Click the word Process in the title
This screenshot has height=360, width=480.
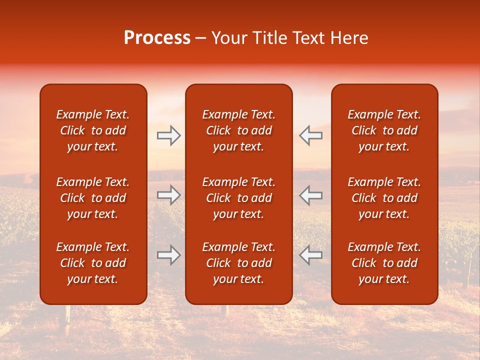click(x=157, y=38)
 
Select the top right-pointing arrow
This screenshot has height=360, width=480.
click(x=169, y=135)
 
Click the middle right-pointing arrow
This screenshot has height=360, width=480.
click(x=169, y=195)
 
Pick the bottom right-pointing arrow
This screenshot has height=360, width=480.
click(x=169, y=255)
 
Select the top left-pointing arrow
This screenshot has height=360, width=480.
click(x=311, y=135)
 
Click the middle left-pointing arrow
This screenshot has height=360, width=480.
click(x=311, y=195)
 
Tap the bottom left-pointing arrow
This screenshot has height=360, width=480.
click(x=311, y=255)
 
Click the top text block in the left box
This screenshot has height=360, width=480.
click(x=93, y=130)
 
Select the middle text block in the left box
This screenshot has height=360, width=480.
click(x=93, y=198)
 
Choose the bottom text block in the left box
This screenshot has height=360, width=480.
click(x=93, y=263)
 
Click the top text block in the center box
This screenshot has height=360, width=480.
click(x=238, y=130)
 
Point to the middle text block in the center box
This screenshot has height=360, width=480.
click(x=238, y=198)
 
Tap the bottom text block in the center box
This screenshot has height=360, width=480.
click(x=238, y=263)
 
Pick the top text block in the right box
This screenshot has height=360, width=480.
click(x=384, y=130)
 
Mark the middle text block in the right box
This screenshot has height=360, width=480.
click(x=384, y=198)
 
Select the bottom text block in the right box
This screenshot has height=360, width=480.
click(x=384, y=263)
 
